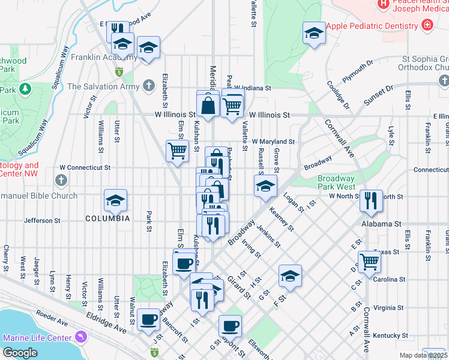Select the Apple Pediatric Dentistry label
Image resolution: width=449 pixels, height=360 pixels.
tap(372, 26)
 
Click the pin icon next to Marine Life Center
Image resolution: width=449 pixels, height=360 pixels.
tap(80, 338)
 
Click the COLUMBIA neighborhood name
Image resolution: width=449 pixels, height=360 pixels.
tap(107, 218)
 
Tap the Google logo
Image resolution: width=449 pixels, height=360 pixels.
tap(20, 353)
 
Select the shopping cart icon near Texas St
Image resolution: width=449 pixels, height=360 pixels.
tap(369, 262)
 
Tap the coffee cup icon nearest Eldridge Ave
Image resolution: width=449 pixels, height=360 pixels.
tap(148, 319)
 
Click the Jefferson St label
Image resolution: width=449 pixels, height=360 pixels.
tap(43, 221)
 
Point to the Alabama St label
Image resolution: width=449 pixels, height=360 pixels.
tap(381, 224)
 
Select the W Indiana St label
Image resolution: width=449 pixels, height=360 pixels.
tap(253, 88)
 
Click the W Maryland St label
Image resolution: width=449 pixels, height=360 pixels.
tap(273, 142)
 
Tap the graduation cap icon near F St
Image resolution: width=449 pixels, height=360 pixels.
tap(290, 275)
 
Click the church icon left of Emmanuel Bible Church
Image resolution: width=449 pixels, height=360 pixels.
tap(61, 180)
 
